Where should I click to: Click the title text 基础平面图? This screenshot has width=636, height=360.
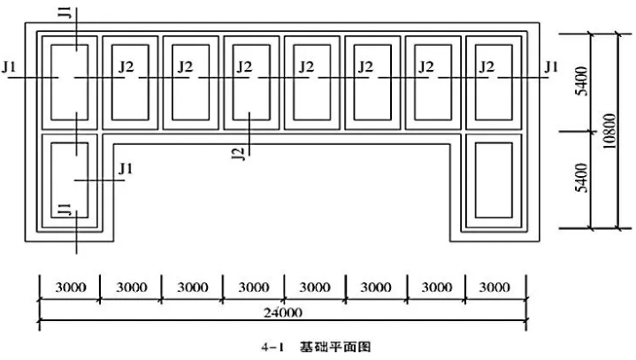(336, 345)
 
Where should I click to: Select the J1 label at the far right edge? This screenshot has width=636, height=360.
(552, 65)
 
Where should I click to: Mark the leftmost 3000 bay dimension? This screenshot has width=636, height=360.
(68, 287)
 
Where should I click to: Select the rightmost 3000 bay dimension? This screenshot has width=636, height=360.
(496, 287)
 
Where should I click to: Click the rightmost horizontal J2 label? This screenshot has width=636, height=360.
(486, 65)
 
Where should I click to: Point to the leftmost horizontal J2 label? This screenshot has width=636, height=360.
(126, 65)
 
